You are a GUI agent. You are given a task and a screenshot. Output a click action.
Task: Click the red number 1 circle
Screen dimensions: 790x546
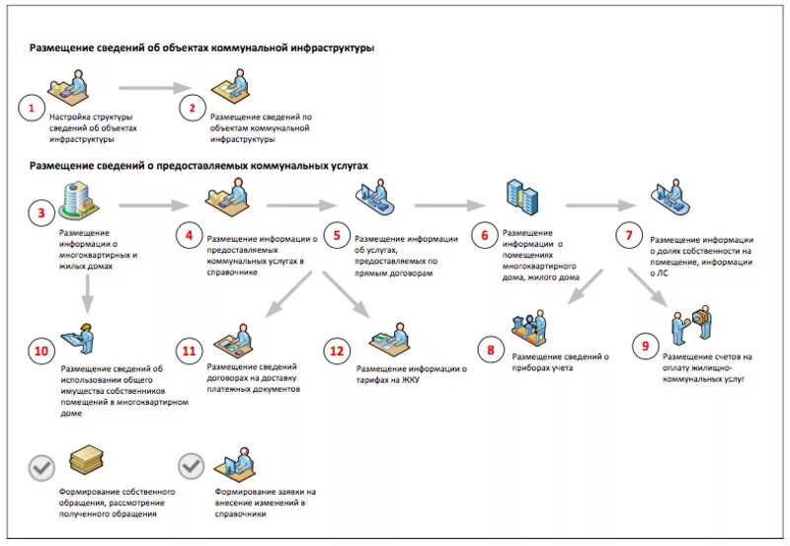32,108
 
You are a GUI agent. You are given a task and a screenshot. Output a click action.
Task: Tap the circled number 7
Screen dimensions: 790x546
629,235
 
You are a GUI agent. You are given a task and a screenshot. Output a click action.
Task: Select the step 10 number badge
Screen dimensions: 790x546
41,351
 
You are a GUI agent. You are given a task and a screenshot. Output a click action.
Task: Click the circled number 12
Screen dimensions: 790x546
337,351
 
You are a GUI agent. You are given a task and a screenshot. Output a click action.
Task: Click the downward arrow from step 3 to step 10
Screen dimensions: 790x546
88,293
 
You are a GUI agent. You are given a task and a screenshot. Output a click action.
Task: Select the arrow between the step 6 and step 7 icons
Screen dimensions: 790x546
601,205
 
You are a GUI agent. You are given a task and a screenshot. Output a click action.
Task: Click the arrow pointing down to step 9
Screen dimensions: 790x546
648,286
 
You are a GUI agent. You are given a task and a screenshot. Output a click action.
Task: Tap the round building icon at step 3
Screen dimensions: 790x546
78,201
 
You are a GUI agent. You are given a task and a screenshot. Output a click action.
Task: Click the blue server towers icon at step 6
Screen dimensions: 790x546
522,197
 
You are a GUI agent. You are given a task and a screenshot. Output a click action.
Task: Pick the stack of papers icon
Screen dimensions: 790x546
86,460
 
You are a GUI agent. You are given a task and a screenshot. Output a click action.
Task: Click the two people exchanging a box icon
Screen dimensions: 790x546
692,324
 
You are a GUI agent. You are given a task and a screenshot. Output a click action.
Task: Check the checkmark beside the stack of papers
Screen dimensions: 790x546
41,468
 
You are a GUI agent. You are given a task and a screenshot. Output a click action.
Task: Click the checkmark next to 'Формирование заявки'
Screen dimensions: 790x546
191,466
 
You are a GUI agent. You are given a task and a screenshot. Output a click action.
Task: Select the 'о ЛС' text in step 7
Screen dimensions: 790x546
659,273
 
